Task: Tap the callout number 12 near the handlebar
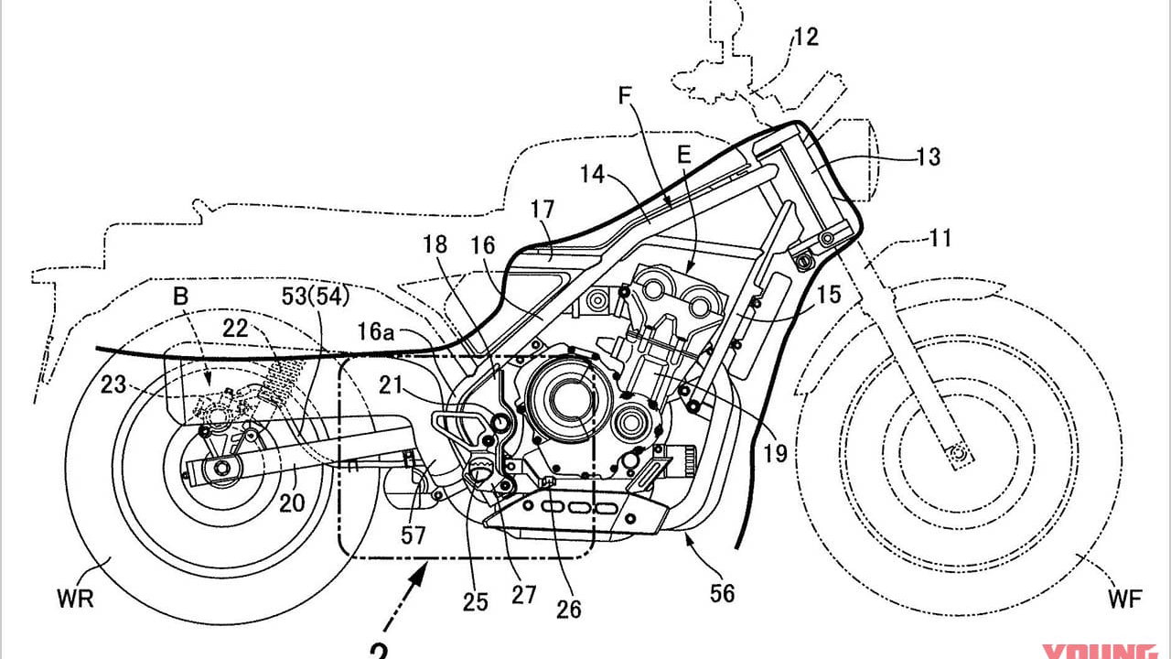pyautogui.click(x=806, y=38)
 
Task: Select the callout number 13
pyautogui.click(x=927, y=157)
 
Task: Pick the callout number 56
pyautogui.click(x=723, y=594)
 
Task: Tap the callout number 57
pyautogui.click(x=413, y=535)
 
